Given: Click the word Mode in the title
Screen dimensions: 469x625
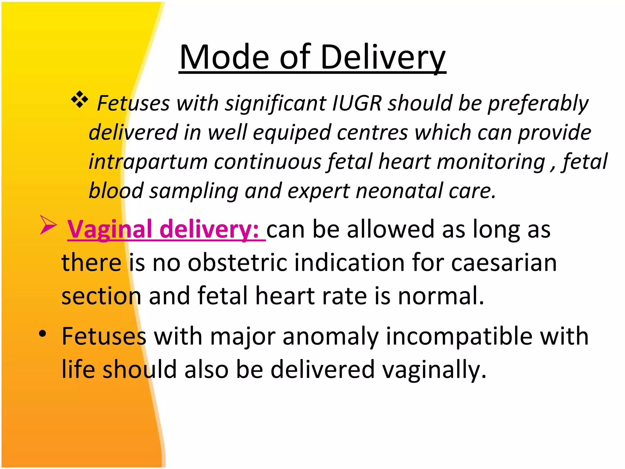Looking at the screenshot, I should pos(224,57).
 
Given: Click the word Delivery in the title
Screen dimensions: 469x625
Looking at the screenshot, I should pos(383,57).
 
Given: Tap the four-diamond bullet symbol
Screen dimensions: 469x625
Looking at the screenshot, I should pos(80,99).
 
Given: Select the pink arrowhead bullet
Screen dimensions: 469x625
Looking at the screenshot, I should pos(48,225).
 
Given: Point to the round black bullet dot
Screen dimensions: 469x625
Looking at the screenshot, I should pos(43,334).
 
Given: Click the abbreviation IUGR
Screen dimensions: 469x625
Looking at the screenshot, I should pos(356,103).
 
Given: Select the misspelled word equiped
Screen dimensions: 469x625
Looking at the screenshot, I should pos(292,133).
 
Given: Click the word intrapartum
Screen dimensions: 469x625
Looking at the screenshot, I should pos(148,162).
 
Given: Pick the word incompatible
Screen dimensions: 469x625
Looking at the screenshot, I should pos(459,336).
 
